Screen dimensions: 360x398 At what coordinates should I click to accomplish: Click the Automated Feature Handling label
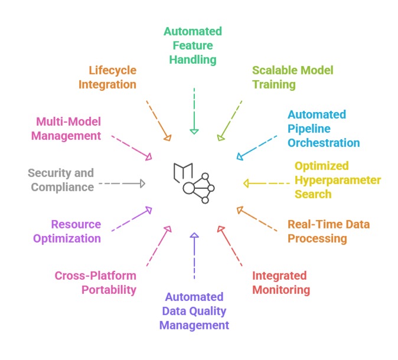pos(193,45)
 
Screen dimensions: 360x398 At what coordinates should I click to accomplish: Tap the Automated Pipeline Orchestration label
pos(323,128)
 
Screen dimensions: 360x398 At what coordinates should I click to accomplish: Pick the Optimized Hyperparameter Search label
pos(337,179)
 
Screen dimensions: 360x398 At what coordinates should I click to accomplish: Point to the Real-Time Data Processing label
pos(328,231)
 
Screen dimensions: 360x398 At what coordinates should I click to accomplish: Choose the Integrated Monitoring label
pos(281,283)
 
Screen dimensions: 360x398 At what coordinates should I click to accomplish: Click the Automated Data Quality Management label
pos(194,310)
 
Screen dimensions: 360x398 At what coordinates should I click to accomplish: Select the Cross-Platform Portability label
pos(95,283)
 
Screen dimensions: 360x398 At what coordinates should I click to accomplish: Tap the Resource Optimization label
pos(76,231)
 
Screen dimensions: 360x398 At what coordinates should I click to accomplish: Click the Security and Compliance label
pos(61,179)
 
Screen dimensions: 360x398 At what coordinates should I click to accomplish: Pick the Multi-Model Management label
pos(68,128)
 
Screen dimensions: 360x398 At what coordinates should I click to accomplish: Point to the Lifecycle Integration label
pos(107,77)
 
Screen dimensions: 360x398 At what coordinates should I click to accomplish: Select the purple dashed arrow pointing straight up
pos(194,255)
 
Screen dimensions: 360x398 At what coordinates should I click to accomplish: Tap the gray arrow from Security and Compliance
pos(122,184)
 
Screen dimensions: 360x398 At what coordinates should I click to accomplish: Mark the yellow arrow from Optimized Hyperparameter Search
pos(267,184)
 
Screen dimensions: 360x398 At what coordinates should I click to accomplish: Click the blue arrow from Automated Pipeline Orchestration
pos(256,147)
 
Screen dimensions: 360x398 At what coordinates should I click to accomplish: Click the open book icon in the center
pos(183,171)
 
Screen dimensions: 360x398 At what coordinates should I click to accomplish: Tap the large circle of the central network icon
pos(189,188)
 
